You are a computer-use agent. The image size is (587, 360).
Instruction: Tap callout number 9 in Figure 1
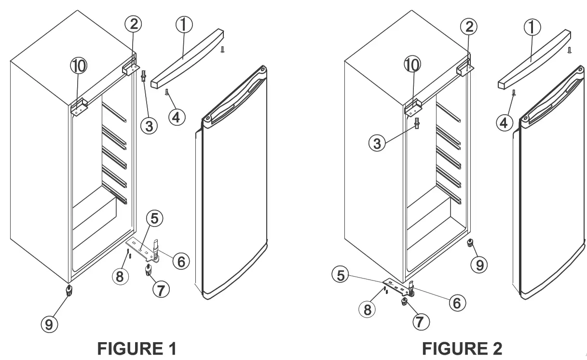48,324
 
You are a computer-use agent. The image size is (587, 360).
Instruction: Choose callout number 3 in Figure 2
378,143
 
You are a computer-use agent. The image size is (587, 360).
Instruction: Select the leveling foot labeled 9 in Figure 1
69,290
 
